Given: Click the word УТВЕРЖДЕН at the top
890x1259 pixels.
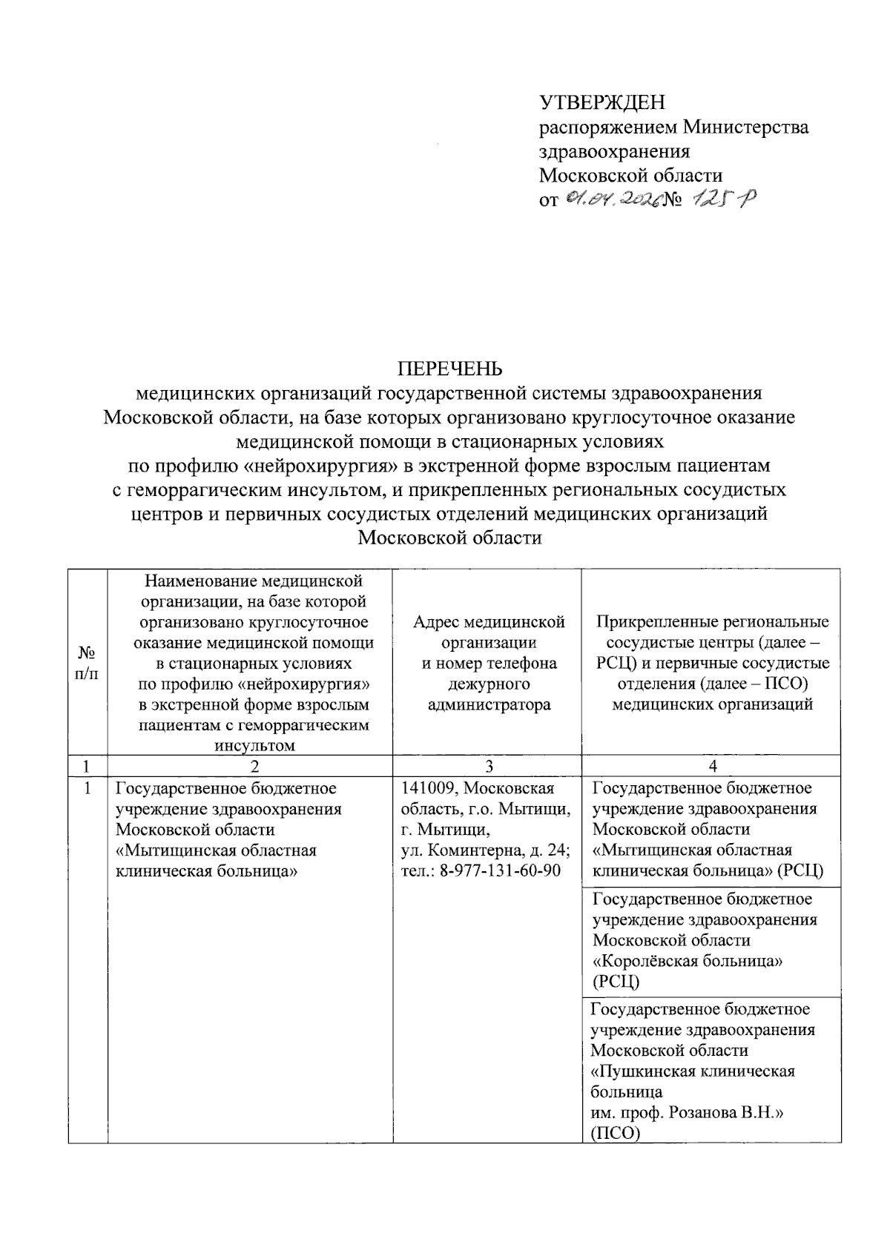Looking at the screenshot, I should tap(601, 102).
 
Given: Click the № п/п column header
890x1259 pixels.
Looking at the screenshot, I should tap(88, 663).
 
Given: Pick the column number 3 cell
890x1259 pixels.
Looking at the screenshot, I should tap(487, 766).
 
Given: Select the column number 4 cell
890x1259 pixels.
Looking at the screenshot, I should tap(712, 766).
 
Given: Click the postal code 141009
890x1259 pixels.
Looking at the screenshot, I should tap(426, 787).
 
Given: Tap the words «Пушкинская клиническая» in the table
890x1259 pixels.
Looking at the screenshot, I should tap(693, 1071).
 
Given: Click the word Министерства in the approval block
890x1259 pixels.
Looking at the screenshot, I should tap(746, 127).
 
